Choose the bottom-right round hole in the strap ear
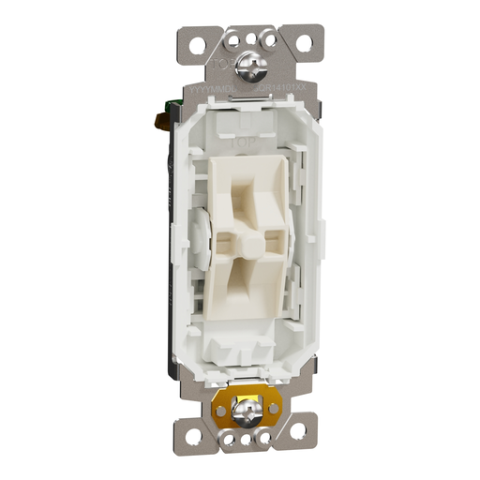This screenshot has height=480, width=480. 297,429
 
